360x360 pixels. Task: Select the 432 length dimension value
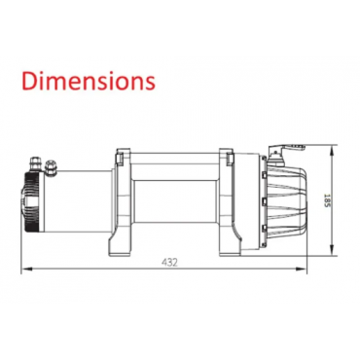[x=169, y=263]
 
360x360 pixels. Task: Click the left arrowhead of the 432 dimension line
[x=27, y=269]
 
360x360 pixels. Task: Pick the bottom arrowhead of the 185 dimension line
[x=332, y=249]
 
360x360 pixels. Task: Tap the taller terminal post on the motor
[x=35, y=162]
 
